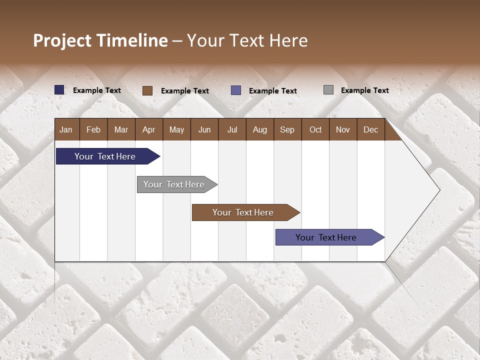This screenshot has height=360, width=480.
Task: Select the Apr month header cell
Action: click(x=149, y=129)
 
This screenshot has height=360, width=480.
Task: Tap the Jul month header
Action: click(x=232, y=129)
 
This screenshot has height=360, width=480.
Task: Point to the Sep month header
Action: click(x=287, y=129)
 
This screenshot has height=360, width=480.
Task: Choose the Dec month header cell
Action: click(x=370, y=129)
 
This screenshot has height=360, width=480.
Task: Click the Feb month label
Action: click(x=93, y=129)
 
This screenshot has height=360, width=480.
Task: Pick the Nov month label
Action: click(x=343, y=129)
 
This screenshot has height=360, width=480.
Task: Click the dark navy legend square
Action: click(x=59, y=90)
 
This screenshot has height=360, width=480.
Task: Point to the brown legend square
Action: click(x=147, y=90)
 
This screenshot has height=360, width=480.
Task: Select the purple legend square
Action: click(x=236, y=90)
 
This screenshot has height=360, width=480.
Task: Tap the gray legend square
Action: click(x=328, y=90)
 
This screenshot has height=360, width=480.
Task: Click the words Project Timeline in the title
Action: click(x=100, y=40)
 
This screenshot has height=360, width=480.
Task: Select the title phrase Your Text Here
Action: click(x=247, y=40)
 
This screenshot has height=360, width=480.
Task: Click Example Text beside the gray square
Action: click(x=364, y=90)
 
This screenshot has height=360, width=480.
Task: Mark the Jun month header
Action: click(x=204, y=129)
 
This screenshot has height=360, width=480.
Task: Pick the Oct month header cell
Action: click(x=315, y=129)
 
